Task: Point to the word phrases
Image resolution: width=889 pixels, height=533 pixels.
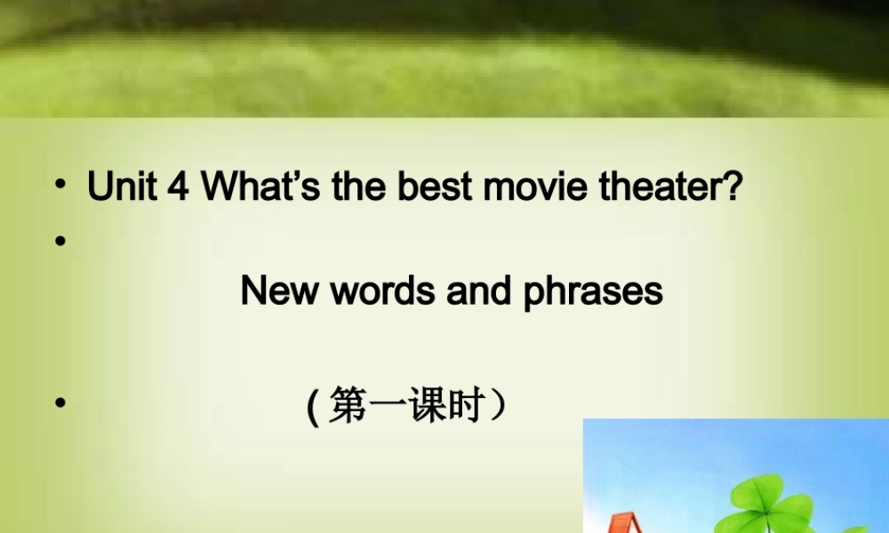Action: coord(593,292)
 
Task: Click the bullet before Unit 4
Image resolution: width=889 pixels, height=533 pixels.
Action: coord(60,187)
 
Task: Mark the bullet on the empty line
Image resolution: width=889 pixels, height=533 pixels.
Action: coord(60,240)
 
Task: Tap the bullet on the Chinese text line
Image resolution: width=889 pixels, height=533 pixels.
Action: coord(60,402)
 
